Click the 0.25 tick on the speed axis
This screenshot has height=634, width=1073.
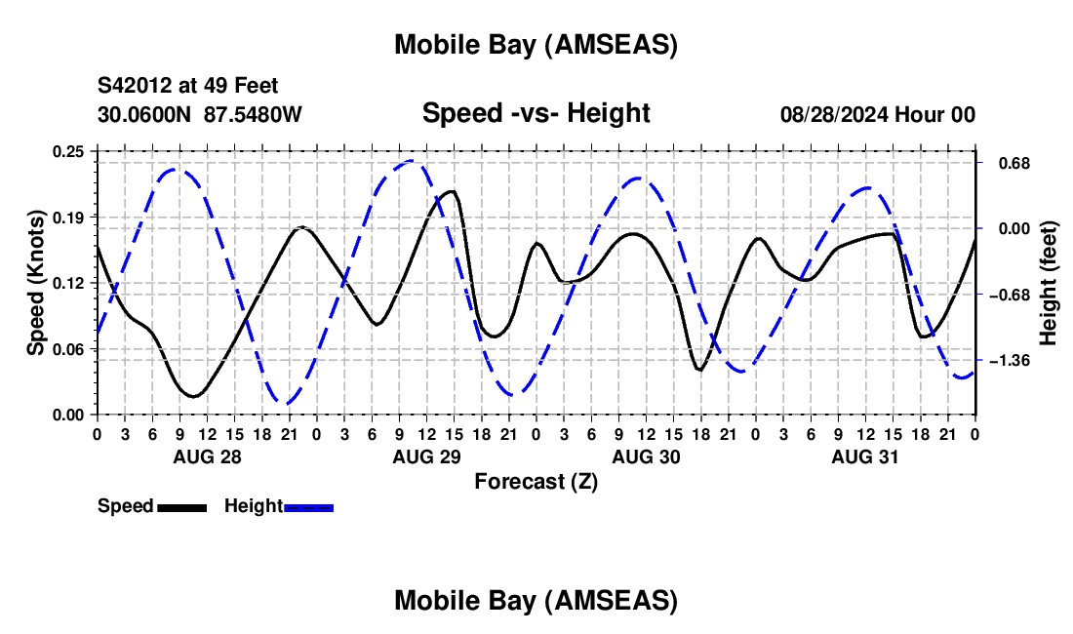tap(70, 151)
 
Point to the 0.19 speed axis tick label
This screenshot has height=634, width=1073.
tap(70, 217)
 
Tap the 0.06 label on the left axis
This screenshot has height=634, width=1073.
tap(70, 348)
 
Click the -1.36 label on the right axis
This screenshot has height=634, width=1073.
tap(1010, 361)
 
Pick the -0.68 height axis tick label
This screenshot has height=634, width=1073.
tap(1010, 295)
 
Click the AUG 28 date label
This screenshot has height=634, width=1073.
tap(207, 456)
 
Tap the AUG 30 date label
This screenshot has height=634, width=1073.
tap(645, 456)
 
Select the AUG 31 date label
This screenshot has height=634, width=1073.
tap(864, 456)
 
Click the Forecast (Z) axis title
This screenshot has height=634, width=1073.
tap(536, 481)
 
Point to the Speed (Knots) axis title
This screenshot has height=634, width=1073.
tap(35, 283)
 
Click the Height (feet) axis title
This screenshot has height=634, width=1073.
tap(1049, 283)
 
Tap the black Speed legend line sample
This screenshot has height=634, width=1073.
tap(181, 507)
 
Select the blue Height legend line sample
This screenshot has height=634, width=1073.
tap(308, 507)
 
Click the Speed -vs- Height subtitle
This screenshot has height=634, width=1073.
tap(536, 113)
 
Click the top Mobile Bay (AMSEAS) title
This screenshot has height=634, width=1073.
tap(536, 44)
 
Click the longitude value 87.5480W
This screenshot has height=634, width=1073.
tap(254, 114)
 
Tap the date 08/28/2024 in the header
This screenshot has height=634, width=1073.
tap(833, 114)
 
